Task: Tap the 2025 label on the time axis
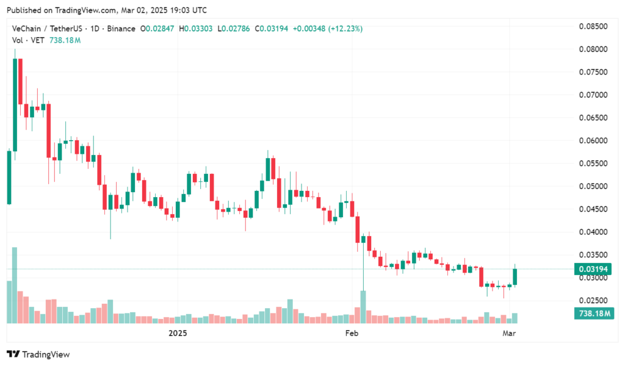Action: (177, 333)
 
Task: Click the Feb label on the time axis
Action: (351, 333)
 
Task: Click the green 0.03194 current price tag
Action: (593, 269)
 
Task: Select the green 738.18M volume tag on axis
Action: (593, 313)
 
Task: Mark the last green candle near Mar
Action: (515, 276)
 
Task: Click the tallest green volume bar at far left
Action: (15, 285)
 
